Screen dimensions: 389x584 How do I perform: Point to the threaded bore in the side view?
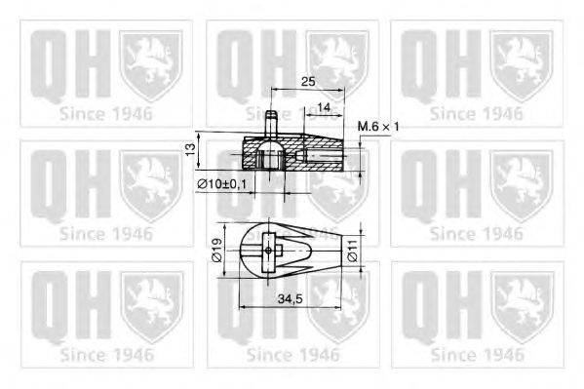pos(322,154)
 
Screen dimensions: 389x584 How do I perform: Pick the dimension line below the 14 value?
pos(324,115)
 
